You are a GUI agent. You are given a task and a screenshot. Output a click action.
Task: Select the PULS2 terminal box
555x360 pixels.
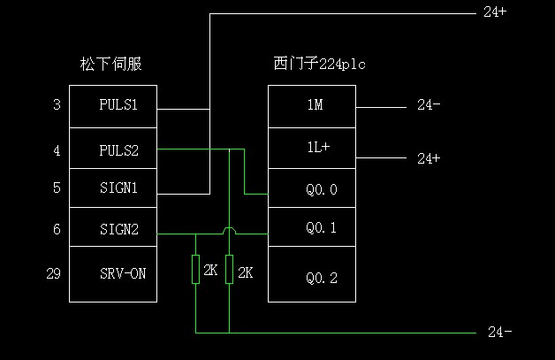pos(113,149)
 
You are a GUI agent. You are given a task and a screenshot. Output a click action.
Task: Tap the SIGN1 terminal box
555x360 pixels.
pos(113,188)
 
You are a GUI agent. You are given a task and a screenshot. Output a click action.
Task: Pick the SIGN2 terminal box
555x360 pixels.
pos(113,229)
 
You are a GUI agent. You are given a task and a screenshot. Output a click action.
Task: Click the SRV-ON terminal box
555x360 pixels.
pos(113,274)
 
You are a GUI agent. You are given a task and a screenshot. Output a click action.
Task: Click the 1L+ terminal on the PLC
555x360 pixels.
pos(312,149)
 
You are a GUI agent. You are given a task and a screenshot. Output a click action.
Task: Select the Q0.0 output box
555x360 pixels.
pos(312,188)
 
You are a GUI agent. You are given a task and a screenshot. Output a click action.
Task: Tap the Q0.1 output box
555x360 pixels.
pos(312,228)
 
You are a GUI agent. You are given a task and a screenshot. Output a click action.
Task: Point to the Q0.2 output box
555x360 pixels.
pos(312,277)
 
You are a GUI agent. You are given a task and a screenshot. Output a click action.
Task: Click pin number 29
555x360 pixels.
pos(53,274)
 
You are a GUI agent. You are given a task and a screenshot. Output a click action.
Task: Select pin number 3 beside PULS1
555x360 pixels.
pos(57,106)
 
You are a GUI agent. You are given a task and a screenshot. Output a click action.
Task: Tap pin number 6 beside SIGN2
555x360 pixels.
pos(57,229)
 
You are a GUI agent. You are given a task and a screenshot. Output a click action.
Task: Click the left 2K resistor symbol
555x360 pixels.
pos(195,270)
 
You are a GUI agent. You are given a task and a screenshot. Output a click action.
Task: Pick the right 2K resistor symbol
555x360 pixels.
pos(229,270)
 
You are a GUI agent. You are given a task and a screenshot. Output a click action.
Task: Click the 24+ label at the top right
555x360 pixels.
pos(495,12)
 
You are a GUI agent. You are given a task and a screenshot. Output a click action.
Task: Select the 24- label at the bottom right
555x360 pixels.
pos(499,333)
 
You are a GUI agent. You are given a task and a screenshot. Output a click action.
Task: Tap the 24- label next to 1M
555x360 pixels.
pos(429,106)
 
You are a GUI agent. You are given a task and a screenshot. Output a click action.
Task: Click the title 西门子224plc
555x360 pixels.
pos(319,64)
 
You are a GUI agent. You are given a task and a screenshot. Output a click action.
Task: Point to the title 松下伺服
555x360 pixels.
pos(110,64)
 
